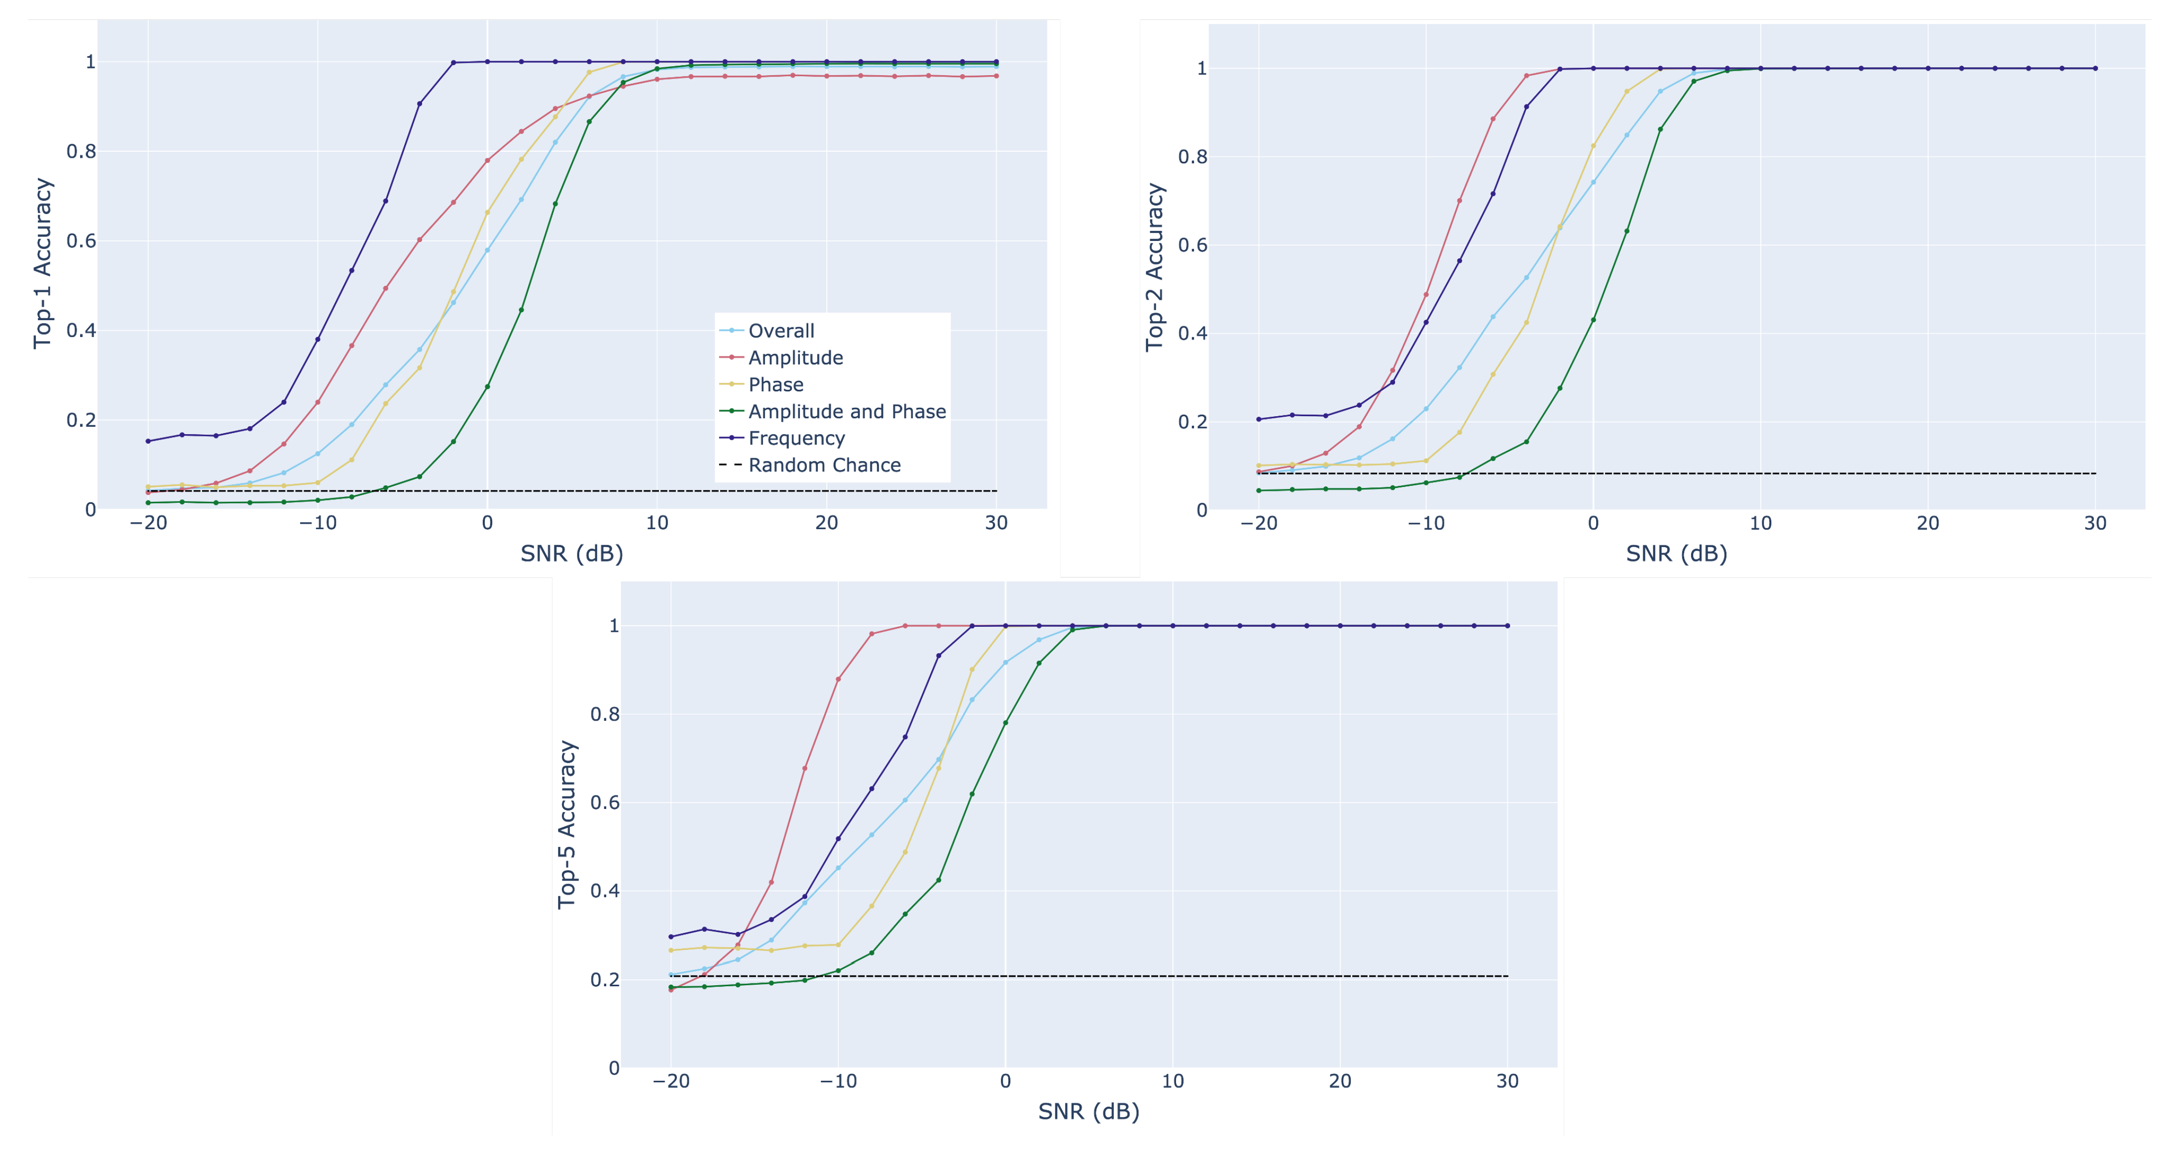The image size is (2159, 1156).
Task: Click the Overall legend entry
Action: pyautogui.click(x=780, y=331)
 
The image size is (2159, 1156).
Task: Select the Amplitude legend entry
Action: pyautogui.click(x=794, y=358)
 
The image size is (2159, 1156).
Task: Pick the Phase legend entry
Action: pyautogui.click(x=775, y=385)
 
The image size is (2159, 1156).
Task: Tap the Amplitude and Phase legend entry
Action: pyautogui.click(x=847, y=412)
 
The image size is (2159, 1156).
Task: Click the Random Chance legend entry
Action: pyautogui.click(x=824, y=465)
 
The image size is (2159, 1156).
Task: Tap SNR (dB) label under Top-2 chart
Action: pyautogui.click(x=1676, y=554)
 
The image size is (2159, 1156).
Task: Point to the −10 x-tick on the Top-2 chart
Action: pyautogui.click(x=1425, y=524)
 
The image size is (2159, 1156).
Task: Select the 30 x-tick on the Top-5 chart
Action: pyautogui.click(x=1507, y=1081)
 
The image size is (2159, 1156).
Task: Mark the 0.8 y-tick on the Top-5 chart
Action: pyautogui.click(x=604, y=714)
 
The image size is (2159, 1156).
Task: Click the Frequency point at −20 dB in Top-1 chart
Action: pyautogui.click(x=148, y=441)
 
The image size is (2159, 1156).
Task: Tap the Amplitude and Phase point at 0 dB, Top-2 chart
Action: pyautogui.click(x=1593, y=320)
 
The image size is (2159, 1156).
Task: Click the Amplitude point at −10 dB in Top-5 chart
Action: pyautogui.click(x=838, y=679)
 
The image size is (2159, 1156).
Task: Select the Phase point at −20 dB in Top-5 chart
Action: pyautogui.click(x=670, y=950)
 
